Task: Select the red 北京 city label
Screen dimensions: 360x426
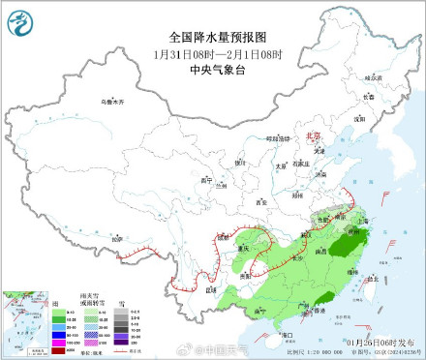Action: point(311,137)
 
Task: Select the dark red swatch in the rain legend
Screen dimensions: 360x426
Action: point(57,350)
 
